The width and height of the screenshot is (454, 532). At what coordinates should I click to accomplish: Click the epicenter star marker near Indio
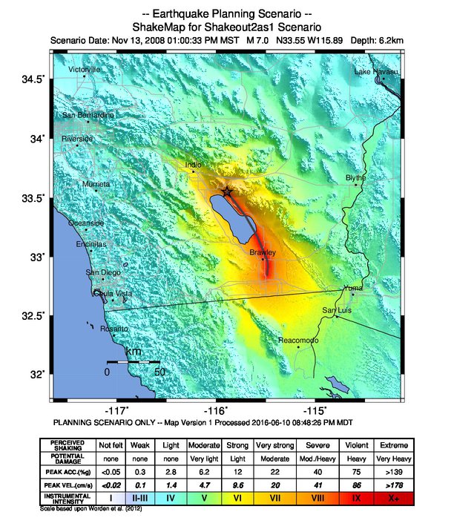[x=227, y=191]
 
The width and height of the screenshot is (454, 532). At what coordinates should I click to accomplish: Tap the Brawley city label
[x=262, y=253]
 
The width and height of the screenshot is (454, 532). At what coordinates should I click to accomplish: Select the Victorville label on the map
[x=84, y=69]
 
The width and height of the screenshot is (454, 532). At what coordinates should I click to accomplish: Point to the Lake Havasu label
[x=375, y=72]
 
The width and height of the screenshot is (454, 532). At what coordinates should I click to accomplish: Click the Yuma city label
[x=353, y=288]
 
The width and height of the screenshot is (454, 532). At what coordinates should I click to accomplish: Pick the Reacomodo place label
[x=298, y=340]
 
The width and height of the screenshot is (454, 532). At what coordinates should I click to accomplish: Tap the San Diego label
[x=102, y=272]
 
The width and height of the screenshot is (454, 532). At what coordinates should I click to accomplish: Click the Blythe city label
[x=356, y=178]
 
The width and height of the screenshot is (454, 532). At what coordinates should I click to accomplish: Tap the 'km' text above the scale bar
[x=134, y=351]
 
